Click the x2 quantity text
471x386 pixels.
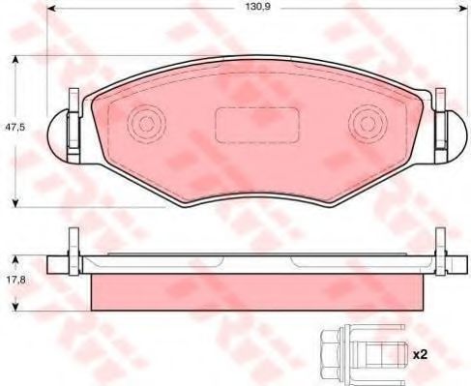tap(421, 354)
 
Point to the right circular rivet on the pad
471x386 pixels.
tap(368, 123)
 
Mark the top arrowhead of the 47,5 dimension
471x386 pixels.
tap(16, 59)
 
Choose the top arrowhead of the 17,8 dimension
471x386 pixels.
tap(16, 258)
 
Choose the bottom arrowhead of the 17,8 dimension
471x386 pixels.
tap(16, 308)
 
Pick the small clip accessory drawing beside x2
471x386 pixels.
tap(358, 354)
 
